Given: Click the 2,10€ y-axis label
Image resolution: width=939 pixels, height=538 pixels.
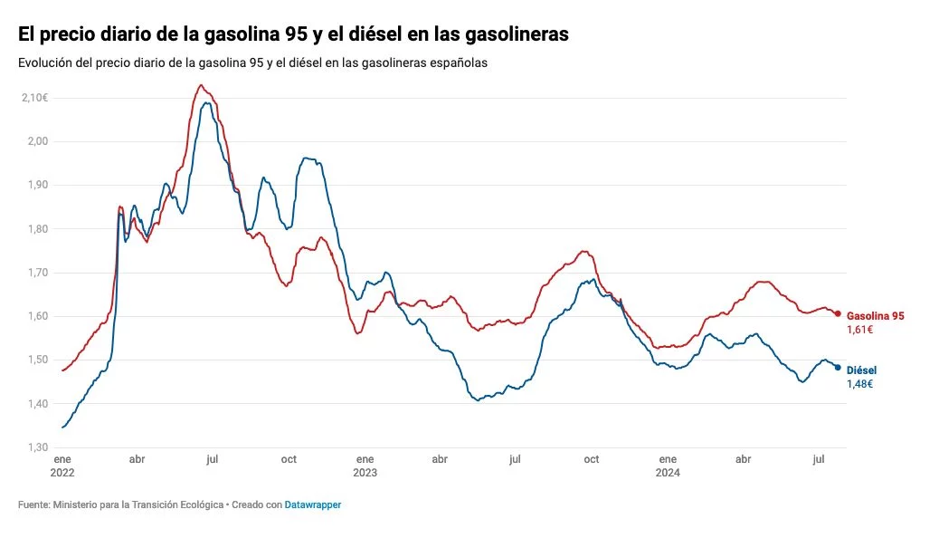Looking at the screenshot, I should point(33,98).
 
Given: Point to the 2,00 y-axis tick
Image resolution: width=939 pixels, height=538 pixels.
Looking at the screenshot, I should point(36,141).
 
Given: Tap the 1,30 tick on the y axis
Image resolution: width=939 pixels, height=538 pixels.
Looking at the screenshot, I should point(36,447).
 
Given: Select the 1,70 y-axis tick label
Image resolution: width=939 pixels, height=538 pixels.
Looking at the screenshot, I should point(36,273).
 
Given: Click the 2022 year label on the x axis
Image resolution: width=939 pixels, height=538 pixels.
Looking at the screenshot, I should point(62,472).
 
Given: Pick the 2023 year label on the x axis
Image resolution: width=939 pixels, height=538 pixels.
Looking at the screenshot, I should point(365,472).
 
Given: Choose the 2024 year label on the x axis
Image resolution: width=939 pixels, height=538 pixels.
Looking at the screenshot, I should point(668,472).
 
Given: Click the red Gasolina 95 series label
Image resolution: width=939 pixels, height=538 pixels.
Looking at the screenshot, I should point(875,316).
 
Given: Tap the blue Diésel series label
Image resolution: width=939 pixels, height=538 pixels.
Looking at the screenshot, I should point(861,370).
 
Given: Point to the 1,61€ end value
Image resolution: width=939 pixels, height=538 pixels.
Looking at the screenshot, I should point(859,330).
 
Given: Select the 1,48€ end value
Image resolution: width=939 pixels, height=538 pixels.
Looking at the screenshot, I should point(859,384).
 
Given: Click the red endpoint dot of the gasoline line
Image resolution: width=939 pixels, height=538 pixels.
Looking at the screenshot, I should point(838,313).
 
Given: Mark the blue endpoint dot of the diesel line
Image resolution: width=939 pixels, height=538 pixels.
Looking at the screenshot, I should point(838,368).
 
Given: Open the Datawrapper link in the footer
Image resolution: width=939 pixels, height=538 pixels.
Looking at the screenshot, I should point(312,504).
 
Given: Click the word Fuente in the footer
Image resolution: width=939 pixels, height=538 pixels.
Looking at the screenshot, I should point(33,504).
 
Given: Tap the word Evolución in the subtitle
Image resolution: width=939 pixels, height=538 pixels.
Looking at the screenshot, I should point(44,62).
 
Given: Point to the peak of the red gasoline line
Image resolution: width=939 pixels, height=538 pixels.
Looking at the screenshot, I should point(201,85).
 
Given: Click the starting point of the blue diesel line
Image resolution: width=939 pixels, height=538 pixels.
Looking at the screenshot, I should point(62,428).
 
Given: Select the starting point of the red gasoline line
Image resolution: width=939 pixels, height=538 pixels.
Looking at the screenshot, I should point(62,370).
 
